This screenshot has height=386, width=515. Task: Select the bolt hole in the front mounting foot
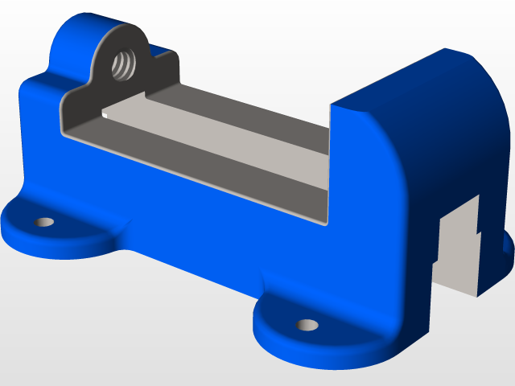click(x=306, y=325)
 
